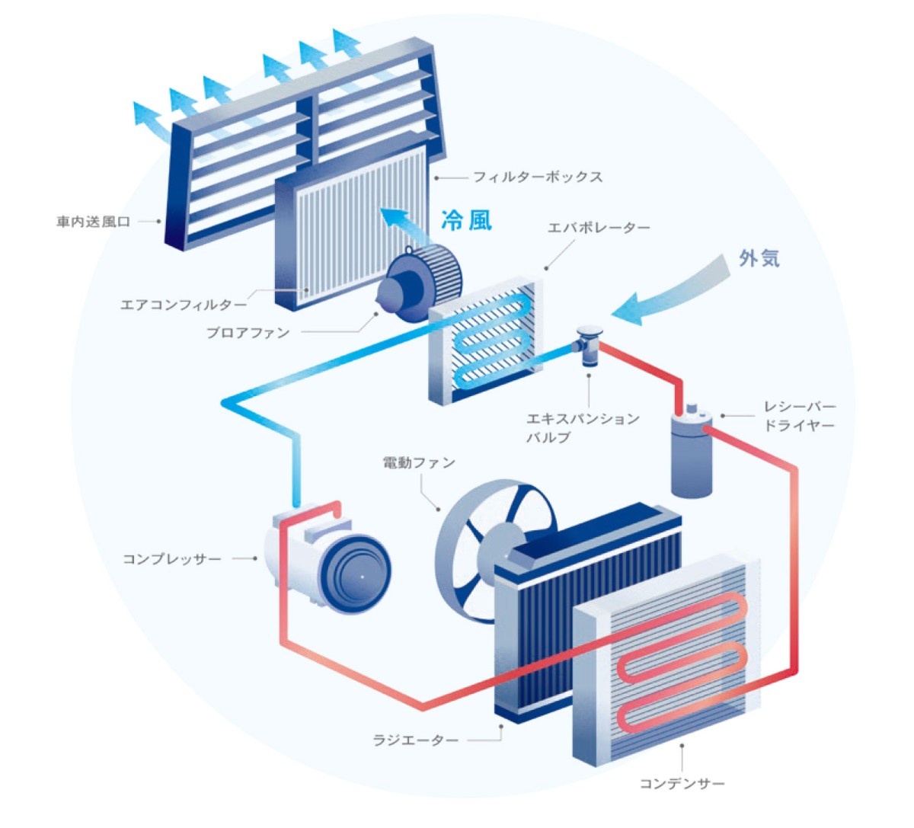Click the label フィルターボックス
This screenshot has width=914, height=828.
pyautogui.click(x=537, y=177)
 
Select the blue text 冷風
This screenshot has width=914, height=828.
pyautogui.click(x=466, y=220)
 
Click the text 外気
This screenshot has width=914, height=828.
pyautogui.click(x=759, y=258)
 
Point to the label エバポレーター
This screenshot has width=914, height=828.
pyautogui.click(x=599, y=228)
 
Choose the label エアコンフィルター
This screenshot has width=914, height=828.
pyautogui.click(x=183, y=305)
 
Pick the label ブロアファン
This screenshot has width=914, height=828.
pyautogui.click(x=248, y=333)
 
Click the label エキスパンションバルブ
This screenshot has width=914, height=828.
pyautogui.click(x=582, y=427)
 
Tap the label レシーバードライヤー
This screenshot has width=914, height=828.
pyautogui.click(x=799, y=417)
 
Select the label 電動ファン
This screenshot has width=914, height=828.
pyautogui.click(x=418, y=462)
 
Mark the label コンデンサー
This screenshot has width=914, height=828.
pyautogui.click(x=682, y=783)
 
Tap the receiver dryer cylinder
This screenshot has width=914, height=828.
pyautogui.click(x=692, y=456)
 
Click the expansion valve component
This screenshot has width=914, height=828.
pyautogui.click(x=588, y=345)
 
